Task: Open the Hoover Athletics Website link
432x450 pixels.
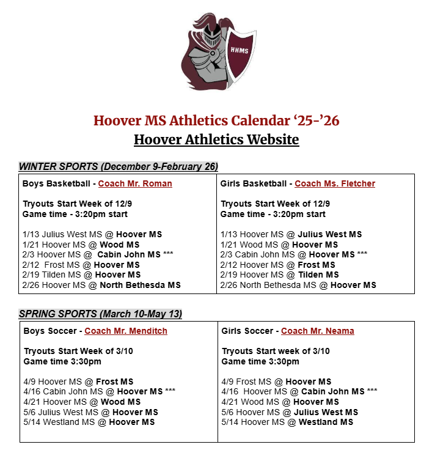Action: coord(216,139)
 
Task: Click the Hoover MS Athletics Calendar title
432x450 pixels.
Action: coord(216,120)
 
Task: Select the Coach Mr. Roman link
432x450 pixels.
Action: coord(135,183)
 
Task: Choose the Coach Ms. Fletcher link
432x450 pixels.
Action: coord(335,183)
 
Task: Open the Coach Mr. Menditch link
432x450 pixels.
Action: coord(126,331)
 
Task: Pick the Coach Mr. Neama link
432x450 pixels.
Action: coord(318,331)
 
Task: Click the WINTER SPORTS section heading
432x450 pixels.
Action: coord(119,166)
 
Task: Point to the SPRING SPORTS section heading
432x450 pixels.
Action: coord(100,314)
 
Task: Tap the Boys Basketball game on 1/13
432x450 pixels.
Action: coord(92,234)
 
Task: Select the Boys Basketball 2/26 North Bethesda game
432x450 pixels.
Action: coord(101,285)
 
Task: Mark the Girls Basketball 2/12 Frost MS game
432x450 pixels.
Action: coord(278,265)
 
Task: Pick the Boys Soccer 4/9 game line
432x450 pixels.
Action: coord(78,382)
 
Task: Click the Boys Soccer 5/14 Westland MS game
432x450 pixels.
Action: coord(89,422)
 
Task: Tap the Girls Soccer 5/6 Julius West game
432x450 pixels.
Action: coord(290,412)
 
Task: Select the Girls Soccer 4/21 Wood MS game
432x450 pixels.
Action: coord(280,402)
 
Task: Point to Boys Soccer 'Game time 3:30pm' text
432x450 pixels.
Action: coord(63,361)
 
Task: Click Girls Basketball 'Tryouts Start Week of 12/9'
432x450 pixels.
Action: coord(276,204)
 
